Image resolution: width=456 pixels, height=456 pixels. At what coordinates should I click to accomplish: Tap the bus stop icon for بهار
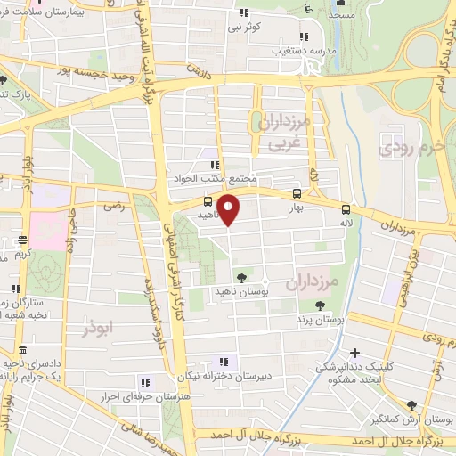(x=297, y=194)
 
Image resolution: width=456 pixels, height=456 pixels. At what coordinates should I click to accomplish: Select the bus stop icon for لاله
(x=345, y=209)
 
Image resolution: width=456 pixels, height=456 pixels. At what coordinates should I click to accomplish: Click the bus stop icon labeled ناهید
(x=208, y=201)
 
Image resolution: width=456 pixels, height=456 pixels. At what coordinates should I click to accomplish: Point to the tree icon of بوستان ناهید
(x=241, y=277)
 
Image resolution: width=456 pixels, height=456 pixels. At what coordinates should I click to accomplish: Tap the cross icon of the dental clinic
(x=355, y=354)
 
